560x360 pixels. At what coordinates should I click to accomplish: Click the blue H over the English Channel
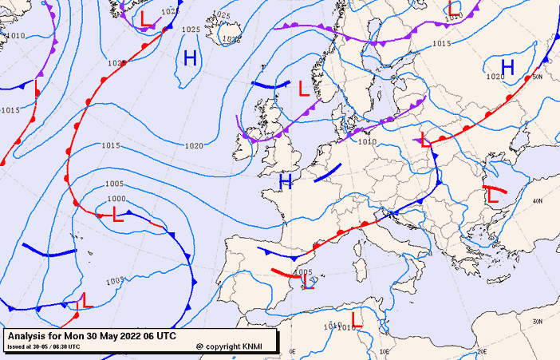click(285, 183)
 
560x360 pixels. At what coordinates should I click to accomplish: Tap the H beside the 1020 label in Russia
click(507, 66)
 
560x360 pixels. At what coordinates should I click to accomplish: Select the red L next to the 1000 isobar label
click(117, 214)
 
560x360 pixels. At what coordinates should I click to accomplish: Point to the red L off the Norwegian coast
click(303, 89)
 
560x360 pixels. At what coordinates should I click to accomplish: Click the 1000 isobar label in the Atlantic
click(116, 199)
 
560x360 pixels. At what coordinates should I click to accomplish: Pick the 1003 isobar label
click(115, 280)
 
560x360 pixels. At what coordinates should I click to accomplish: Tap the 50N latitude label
click(538, 77)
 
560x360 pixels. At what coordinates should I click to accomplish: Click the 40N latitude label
click(538, 200)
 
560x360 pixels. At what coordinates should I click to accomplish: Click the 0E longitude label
click(292, 351)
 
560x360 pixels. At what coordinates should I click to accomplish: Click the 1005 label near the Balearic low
click(303, 272)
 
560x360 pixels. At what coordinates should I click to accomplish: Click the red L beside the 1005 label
click(307, 282)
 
